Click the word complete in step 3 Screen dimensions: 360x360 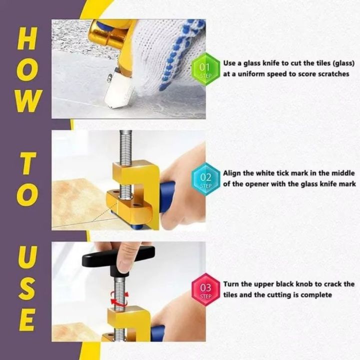click(x=316, y=295)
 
